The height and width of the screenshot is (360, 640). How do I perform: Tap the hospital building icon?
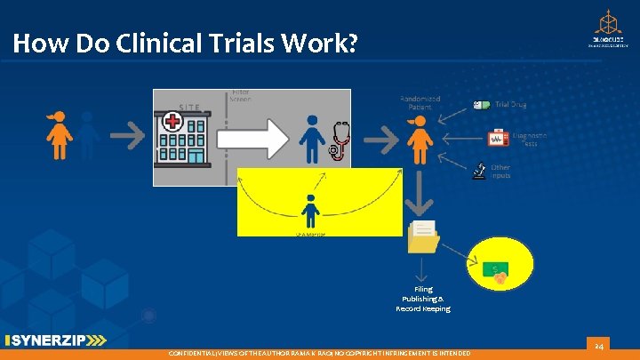[x=182, y=137]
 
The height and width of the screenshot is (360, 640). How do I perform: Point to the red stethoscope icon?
[x=338, y=140]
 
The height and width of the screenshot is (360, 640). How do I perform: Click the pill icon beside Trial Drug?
[x=483, y=105]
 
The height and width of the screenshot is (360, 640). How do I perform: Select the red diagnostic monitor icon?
[x=496, y=138]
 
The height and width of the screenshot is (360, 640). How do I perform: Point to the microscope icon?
[x=478, y=169]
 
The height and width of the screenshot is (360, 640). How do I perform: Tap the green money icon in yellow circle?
[x=500, y=271]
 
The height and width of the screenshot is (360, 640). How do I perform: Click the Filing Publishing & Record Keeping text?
[x=423, y=299]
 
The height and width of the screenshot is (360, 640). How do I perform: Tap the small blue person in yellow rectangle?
[x=310, y=210]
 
